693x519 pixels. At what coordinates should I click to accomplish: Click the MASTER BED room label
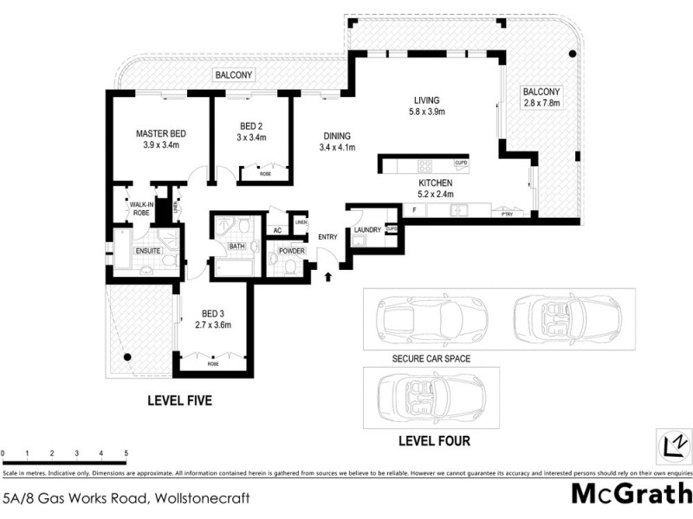[x=161, y=134]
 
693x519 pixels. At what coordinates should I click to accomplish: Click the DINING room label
[x=337, y=136]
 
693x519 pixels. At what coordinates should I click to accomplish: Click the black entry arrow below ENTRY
[x=328, y=277]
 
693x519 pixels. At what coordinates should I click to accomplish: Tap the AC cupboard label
[x=277, y=230]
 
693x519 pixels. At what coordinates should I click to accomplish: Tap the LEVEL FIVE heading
[x=179, y=401]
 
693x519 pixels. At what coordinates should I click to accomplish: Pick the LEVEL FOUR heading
[x=434, y=441]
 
